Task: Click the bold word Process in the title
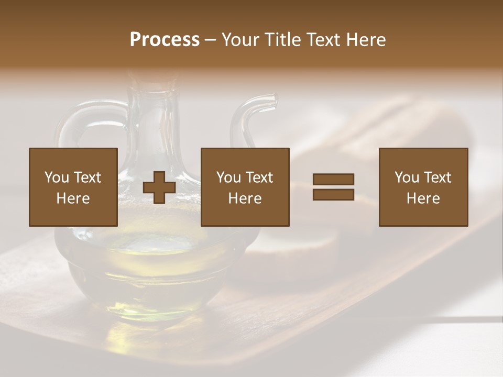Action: (165, 40)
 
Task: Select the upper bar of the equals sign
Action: (333, 180)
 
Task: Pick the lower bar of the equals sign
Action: (333, 195)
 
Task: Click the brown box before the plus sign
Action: (73, 187)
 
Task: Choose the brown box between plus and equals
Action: (245, 187)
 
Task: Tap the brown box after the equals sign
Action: (423, 187)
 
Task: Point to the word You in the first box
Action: (57, 178)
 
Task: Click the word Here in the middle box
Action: (245, 198)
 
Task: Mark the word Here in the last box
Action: (423, 198)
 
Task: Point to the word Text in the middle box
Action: (259, 178)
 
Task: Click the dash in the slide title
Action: (211, 40)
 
